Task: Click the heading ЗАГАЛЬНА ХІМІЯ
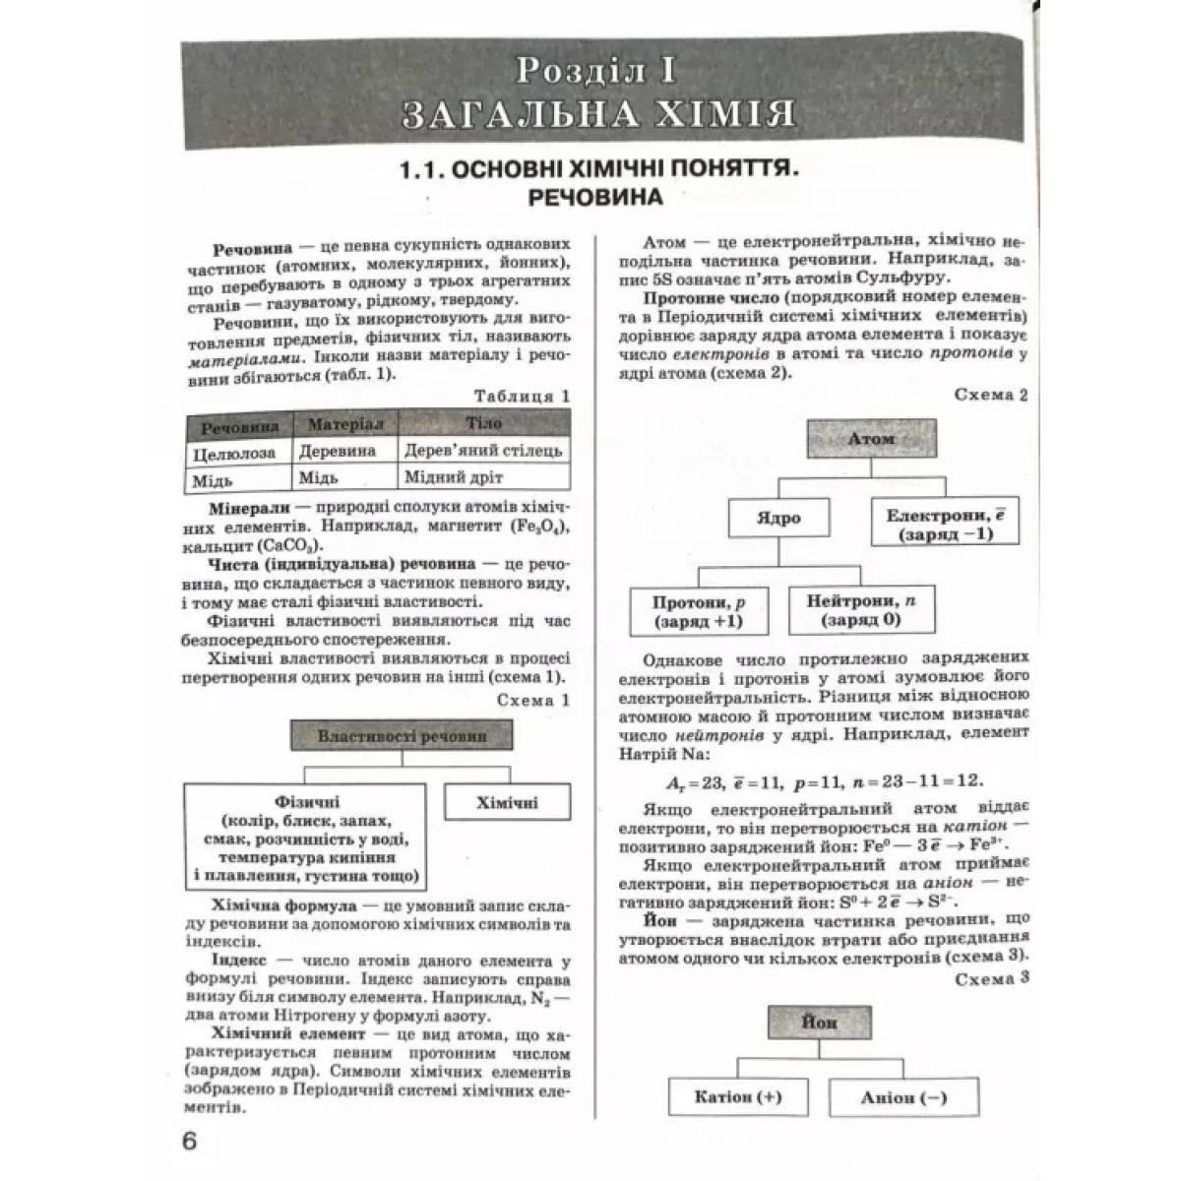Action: coord(597,113)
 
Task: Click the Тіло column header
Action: coord(483,424)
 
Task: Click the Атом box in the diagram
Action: coord(871,439)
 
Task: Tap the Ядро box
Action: coord(779,518)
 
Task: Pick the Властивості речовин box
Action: coord(402,736)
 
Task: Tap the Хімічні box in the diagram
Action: coord(508,802)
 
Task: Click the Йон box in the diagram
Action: coord(819,1023)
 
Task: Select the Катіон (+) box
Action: coord(738,1097)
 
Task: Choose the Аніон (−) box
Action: coord(903,1097)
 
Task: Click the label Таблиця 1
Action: coord(522,397)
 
